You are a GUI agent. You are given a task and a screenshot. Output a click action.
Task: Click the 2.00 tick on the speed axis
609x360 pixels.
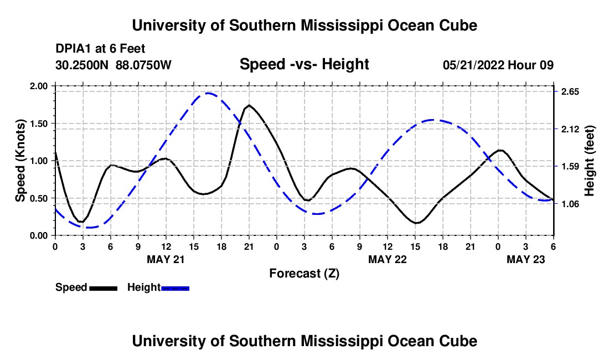pos(39,86)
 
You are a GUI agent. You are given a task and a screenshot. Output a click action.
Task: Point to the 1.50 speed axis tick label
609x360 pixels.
pos(39,124)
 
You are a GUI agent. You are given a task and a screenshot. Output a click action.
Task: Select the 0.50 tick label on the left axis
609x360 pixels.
pos(39,198)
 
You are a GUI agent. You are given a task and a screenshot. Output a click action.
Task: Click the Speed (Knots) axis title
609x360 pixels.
pos(20,161)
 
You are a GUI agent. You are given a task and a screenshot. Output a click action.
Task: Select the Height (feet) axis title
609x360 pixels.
pos(590,161)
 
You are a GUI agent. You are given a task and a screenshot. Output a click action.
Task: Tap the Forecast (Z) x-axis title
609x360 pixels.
pos(304,273)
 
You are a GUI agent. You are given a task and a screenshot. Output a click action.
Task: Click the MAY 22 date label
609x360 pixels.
pos(388,259)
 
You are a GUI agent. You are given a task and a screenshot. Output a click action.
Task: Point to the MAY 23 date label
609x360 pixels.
pos(527,259)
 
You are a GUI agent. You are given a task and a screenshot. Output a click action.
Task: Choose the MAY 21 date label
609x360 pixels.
pos(166,259)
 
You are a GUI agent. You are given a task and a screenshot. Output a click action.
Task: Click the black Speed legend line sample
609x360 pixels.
pos(104,288)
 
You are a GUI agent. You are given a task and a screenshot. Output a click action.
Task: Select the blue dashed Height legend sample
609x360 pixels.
pos(176,288)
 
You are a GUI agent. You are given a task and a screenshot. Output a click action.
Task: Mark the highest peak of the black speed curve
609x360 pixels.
pos(249,105)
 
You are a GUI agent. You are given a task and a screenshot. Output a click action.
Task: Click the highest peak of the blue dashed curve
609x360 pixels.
pos(208,93)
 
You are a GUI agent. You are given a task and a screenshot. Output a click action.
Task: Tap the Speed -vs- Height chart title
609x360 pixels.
pos(304,64)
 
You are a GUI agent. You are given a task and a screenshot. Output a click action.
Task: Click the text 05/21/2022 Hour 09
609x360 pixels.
pos(498,65)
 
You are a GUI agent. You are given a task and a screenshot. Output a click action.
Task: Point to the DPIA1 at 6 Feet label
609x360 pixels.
pos(100,49)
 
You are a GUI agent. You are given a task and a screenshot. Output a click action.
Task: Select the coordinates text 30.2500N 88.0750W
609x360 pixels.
pos(113,65)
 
